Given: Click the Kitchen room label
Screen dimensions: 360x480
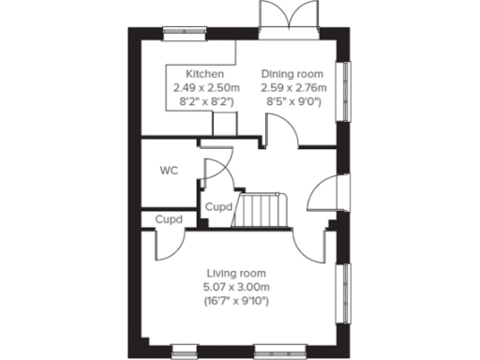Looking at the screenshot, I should pyautogui.click(x=203, y=74).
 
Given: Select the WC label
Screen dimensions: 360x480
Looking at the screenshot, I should pyautogui.click(x=169, y=171).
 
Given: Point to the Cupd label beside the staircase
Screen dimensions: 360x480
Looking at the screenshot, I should pyautogui.click(x=218, y=206).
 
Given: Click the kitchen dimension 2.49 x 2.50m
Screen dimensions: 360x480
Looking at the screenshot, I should pyautogui.click(x=203, y=87).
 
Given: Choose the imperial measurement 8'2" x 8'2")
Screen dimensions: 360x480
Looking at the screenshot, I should pyautogui.click(x=203, y=101).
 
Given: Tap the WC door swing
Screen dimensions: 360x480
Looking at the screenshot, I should pyautogui.click(x=214, y=172).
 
